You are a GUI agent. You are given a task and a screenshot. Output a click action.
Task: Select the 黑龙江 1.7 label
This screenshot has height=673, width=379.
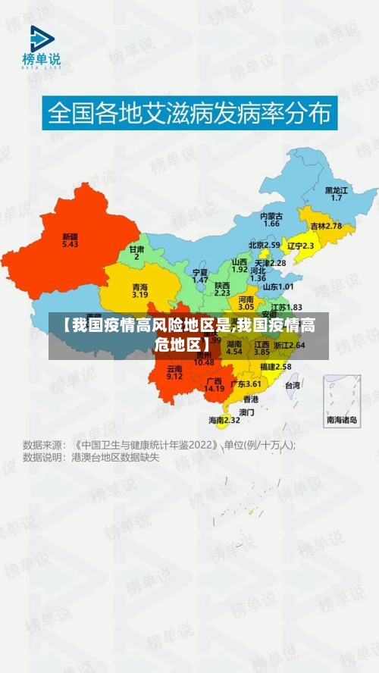[x=336, y=193]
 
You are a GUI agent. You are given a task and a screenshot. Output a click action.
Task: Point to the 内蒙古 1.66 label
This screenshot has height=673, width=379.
[x=271, y=220]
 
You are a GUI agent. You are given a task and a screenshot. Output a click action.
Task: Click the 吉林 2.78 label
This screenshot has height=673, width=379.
[x=326, y=226]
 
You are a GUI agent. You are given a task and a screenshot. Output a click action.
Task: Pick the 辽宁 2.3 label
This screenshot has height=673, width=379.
[x=301, y=246]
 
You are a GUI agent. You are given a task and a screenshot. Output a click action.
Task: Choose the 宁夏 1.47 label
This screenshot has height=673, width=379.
[x=200, y=275]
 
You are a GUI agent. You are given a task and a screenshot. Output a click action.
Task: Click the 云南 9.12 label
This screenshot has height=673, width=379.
[x=174, y=372]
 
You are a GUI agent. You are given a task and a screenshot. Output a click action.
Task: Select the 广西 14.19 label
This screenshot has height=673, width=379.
[x=215, y=384]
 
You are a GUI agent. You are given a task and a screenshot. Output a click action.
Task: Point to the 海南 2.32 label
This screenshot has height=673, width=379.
[x=224, y=419]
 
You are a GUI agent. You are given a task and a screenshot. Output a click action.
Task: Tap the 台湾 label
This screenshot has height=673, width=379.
[x=292, y=385]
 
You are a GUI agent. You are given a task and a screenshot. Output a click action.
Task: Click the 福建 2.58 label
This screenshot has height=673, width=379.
[x=275, y=366]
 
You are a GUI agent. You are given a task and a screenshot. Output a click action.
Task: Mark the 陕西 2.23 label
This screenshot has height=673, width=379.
[x=222, y=289]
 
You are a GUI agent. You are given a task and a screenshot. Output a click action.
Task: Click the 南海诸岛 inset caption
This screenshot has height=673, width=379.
[x=342, y=419]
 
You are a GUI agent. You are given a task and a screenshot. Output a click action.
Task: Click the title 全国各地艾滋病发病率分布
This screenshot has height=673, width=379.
[x=189, y=114]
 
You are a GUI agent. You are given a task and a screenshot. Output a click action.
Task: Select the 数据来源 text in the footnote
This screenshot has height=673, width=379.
[x=42, y=445]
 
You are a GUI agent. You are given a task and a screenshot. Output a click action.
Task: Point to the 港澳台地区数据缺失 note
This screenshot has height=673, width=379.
[x=115, y=458]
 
